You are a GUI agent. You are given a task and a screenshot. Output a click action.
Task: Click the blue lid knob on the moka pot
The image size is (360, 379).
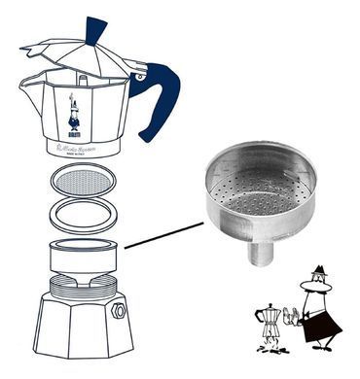point(95,30)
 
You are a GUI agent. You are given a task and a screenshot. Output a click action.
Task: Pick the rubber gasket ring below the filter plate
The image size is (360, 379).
point(83,216)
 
